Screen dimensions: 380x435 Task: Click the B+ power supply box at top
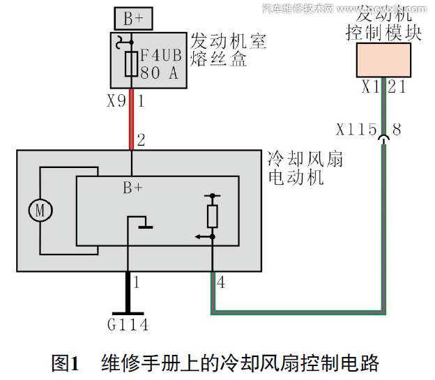(133, 18)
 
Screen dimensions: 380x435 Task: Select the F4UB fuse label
(162, 55)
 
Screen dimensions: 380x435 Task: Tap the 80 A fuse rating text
(160, 73)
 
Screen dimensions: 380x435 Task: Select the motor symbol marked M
(40, 210)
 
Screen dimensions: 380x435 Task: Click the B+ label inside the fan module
(133, 187)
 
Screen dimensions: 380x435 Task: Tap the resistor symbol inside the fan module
(213, 216)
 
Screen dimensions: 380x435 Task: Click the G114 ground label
(128, 324)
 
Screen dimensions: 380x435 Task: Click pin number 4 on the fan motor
(221, 282)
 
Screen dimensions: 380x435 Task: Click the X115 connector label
(356, 130)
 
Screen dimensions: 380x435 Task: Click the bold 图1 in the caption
(66, 363)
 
